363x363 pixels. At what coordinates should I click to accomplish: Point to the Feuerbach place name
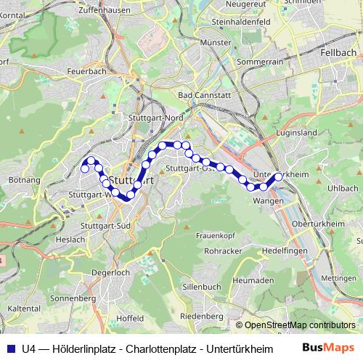click(x=86, y=72)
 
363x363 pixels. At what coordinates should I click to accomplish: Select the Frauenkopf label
click(x=215, y=234)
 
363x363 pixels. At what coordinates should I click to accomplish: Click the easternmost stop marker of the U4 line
click(x=278, y=176)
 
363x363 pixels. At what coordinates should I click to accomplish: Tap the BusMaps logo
click(x=327, y=347)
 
